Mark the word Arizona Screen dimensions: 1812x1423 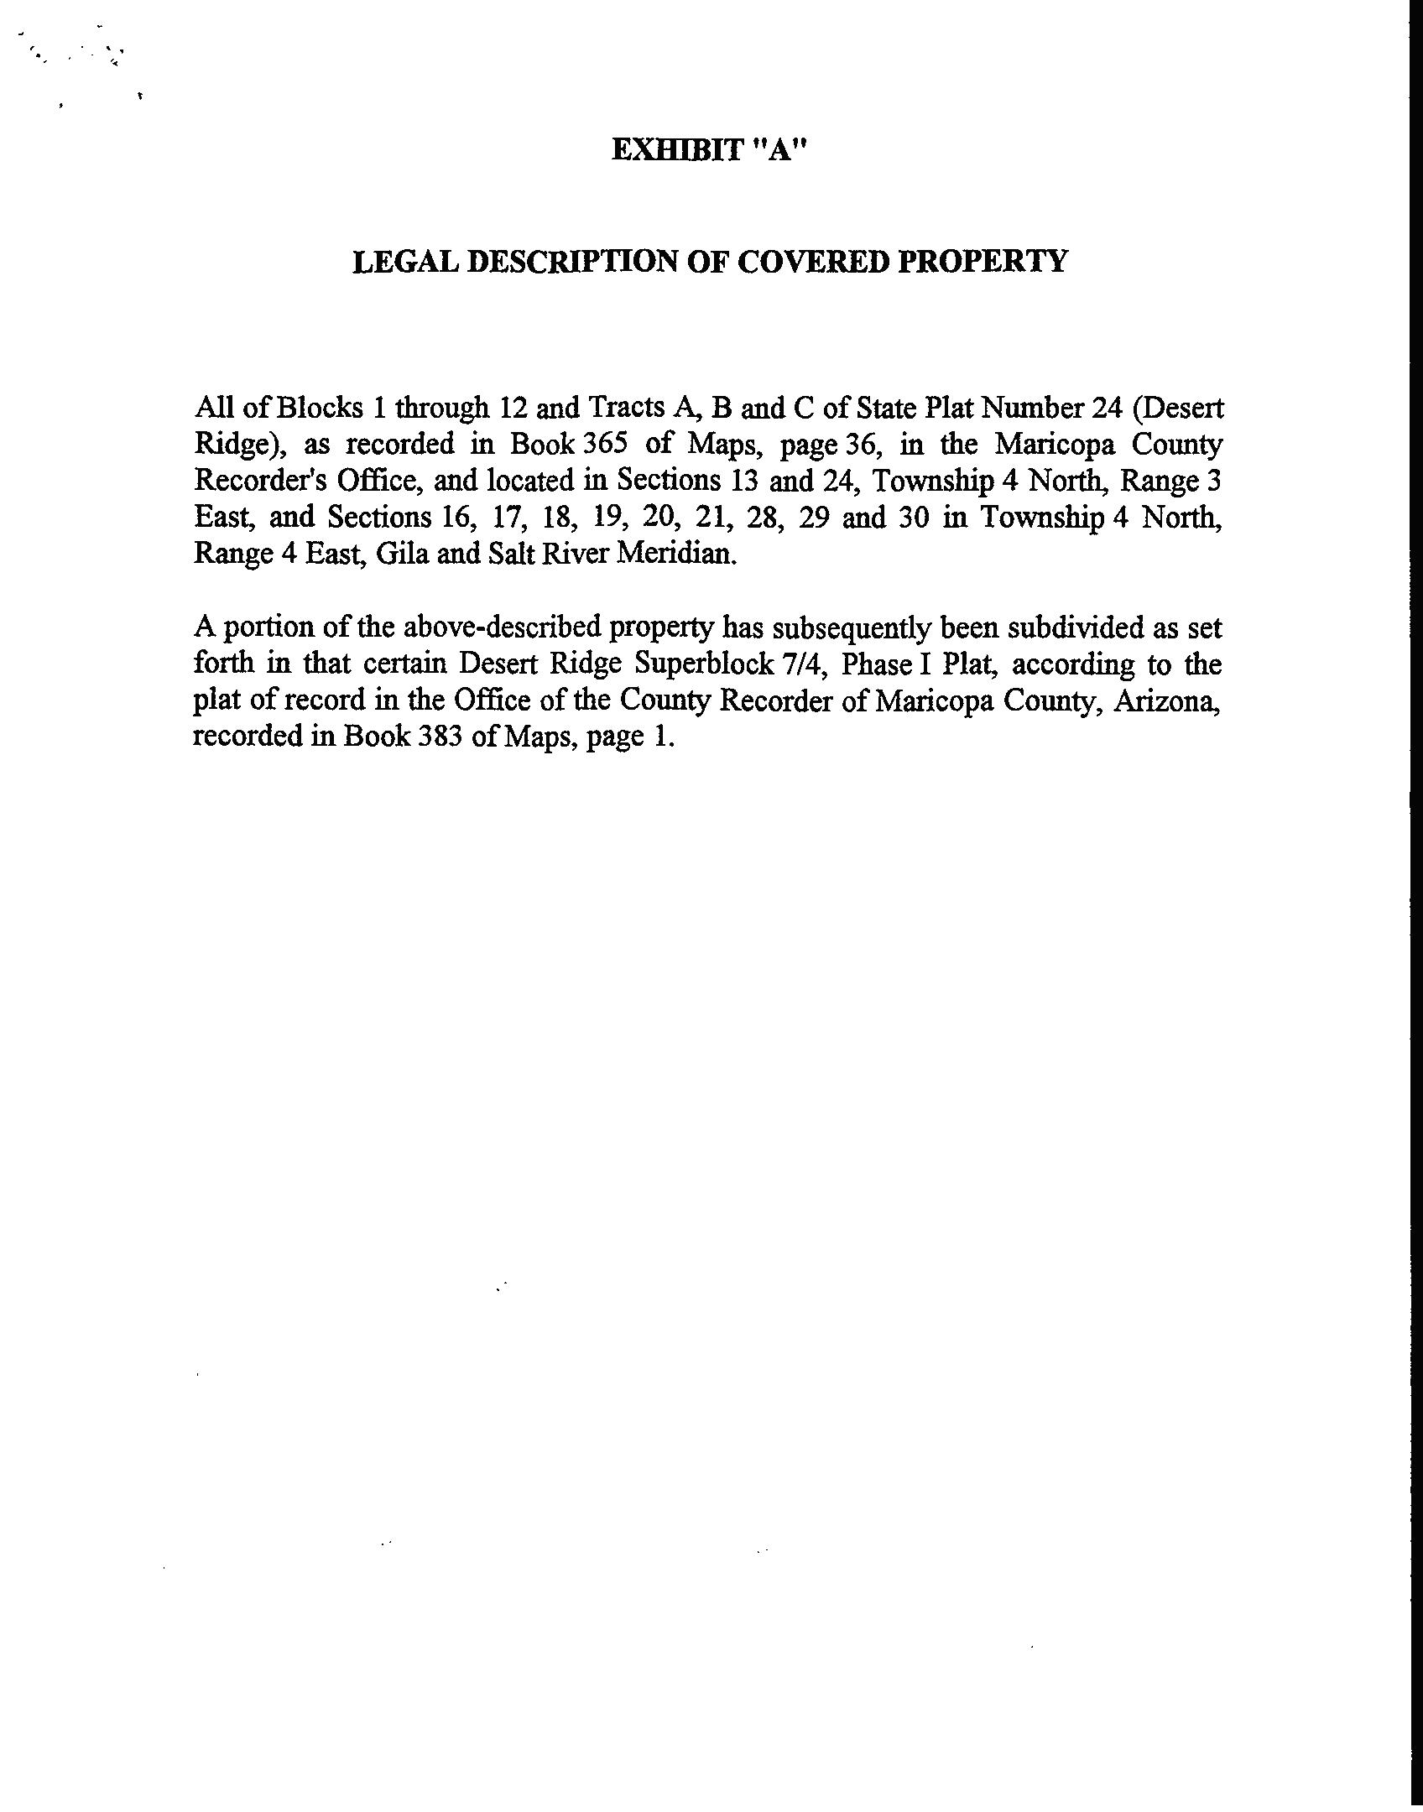pos(1166,700)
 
